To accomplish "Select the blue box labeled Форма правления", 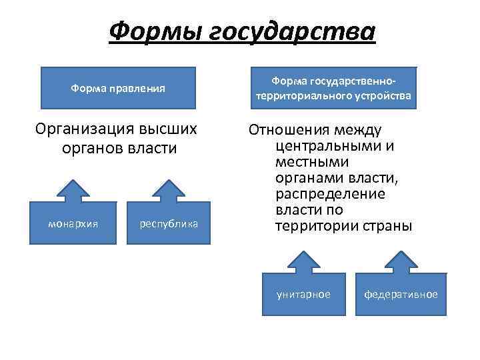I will (119, 88).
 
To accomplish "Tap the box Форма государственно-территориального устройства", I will (333, 88).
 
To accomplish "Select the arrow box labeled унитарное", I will (303, 294).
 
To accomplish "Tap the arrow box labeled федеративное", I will (401, 294).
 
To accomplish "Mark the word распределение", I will (329, 194).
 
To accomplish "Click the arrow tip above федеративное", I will (401, 252).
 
